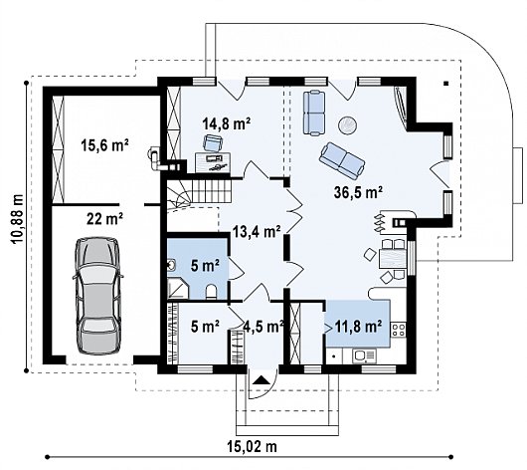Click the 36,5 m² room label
pos(358,192)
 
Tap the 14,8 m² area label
pos(227,123)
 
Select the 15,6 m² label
pos(104,145)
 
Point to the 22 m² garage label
pos(104,219)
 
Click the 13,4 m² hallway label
pos(258,232)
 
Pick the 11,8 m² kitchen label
pos(358,326)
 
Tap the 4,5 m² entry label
pos(263,326)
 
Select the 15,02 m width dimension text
pos(253,447)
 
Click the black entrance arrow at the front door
pos(262,380)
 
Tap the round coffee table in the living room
pos(348,125)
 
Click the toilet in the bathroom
pos(211,292)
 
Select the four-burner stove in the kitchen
pos(399,330)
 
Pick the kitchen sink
pos(364,355)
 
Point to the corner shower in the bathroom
pos(178,289)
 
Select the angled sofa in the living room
pos(342,160)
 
